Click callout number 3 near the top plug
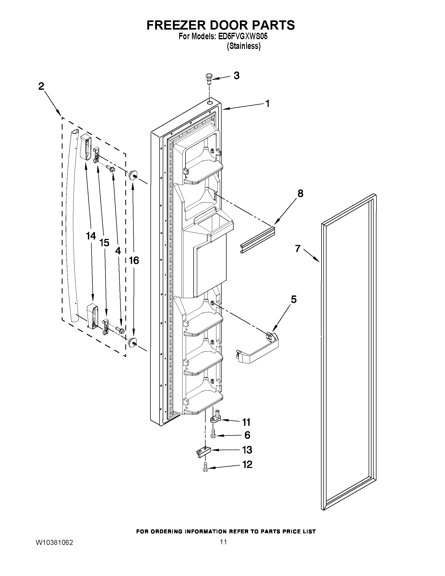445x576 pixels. [236, 75]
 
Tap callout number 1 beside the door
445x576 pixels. [267, 104]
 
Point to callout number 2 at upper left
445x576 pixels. [41, 86]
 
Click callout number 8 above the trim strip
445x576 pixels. [300, 193]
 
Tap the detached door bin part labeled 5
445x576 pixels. [257, 348]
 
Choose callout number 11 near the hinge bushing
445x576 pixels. [246, 422]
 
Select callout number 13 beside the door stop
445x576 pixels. [247, 450]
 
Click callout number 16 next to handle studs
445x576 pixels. [134, 260]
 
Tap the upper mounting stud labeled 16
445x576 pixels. [132, 175]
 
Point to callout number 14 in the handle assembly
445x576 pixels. [91, 236]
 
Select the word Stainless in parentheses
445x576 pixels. [244, 46]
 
